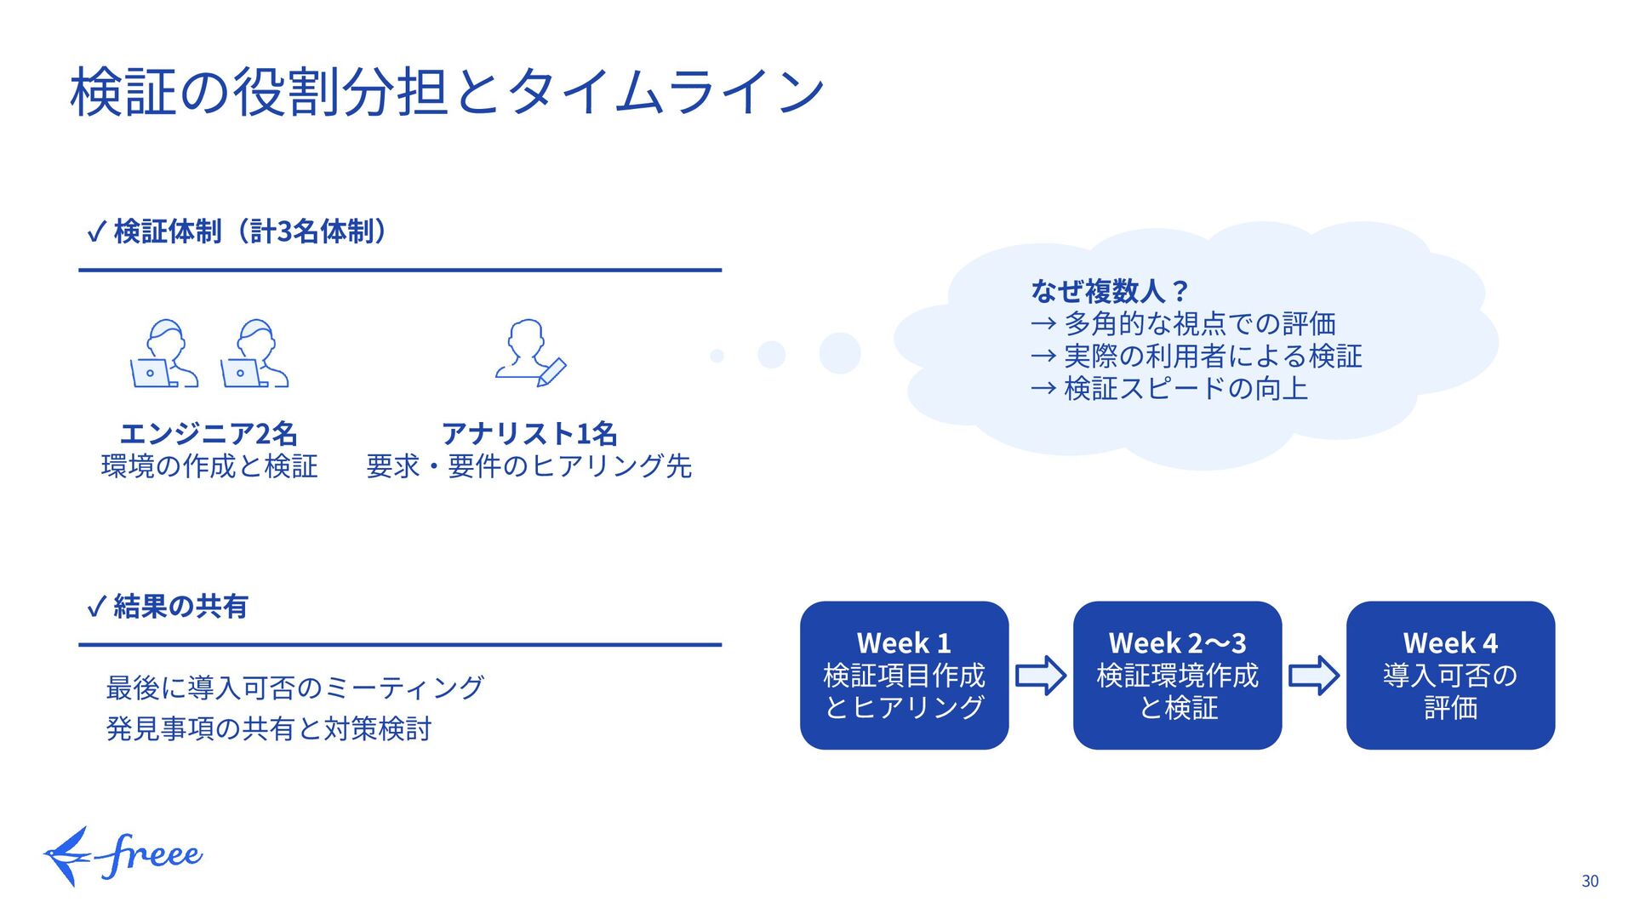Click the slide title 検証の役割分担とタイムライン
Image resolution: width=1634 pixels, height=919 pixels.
tap(447, 92)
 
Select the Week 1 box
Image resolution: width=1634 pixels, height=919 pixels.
tap(904, 675)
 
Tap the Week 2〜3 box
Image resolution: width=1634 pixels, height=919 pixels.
tap(1177, 675)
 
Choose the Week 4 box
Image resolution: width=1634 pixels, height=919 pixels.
tap(1450, 675)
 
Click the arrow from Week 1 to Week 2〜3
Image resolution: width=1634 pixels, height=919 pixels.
tap(1041, 676)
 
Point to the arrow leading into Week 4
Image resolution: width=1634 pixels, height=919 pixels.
tap(1314, 676)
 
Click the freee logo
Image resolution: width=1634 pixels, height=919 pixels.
tap(123, 856)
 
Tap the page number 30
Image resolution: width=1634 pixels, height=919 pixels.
tap(1590, 882)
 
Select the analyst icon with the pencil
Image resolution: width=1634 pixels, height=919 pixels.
tap(530, 352)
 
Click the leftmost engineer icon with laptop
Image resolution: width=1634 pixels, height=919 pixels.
tap(163, 354)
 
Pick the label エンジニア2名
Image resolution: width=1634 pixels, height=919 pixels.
tap(209, 433)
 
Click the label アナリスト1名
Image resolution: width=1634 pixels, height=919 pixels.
tap(528, 433)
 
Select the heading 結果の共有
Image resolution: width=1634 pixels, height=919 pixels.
tap(180, 606)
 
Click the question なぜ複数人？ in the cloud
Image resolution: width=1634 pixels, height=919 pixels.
tap(1108, 291)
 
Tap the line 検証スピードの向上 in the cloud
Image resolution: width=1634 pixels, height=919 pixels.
tap(1185, 388)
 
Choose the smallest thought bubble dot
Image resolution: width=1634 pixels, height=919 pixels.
tap(717, 356)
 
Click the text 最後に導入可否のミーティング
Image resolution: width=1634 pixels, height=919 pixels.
tap(294, 687)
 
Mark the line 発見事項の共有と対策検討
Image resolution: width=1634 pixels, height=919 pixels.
tap(269, 728)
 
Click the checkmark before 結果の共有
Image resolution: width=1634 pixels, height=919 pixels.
tap(96, 607)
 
